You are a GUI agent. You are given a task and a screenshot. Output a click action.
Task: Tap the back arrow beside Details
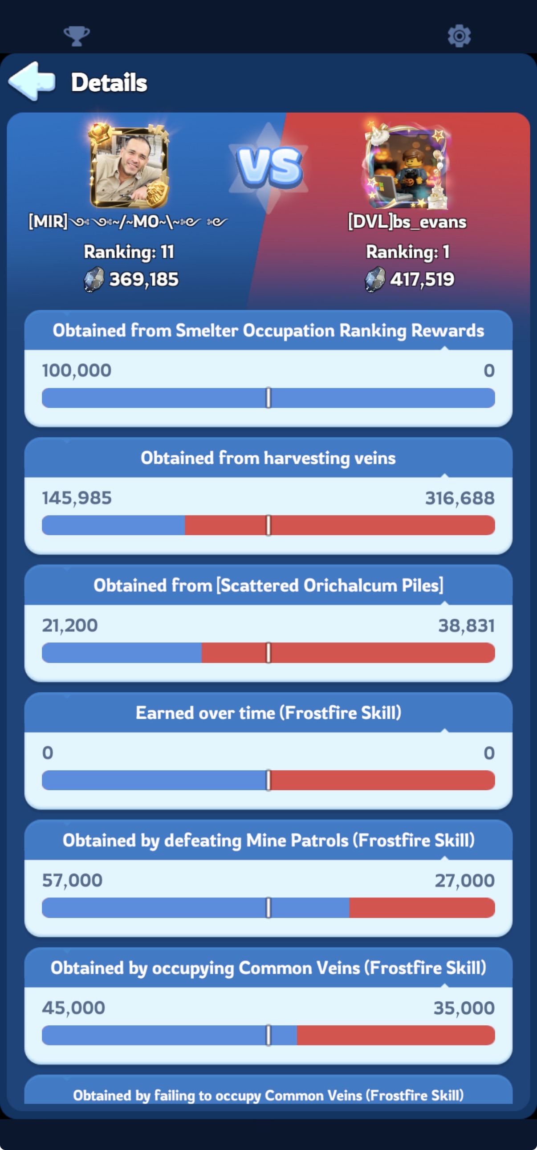[x=32, y=81]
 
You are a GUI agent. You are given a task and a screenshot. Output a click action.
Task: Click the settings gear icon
[x=459, y=36]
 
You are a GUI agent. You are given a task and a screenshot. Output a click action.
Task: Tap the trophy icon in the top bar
[x=77, y=36]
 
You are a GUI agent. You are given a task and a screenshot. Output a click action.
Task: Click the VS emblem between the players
[x=269, y=167]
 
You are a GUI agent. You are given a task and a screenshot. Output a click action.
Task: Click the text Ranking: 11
[x=129, y=252]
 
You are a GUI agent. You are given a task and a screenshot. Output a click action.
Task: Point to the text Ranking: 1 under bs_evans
[x=407, y=252]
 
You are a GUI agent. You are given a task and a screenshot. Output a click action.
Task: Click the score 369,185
[x=144, y=280]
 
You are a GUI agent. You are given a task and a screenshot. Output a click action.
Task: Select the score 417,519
[x=422, y=280]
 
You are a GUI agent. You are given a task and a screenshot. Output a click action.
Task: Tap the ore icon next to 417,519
[x=375, y=280]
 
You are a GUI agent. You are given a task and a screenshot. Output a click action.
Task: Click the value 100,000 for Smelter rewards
[x=77, y=370]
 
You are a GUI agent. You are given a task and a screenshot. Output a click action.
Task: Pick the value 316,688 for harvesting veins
[x=460, y=498]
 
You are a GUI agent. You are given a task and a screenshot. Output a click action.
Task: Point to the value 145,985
[x=77, y=498]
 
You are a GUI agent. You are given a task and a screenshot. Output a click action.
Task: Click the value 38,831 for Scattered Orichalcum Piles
[x=467, y=626]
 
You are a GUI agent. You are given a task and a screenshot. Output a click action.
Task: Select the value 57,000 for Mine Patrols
[x=72, y=880]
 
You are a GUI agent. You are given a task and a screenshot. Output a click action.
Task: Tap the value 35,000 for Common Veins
[x=464, y=1008]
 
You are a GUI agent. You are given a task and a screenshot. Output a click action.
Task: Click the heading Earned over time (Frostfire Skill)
[x=268, y=712]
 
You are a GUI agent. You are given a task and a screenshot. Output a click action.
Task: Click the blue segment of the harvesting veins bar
[x=114, y=525]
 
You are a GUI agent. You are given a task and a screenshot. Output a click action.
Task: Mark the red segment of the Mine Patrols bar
[x=422, y=908]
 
